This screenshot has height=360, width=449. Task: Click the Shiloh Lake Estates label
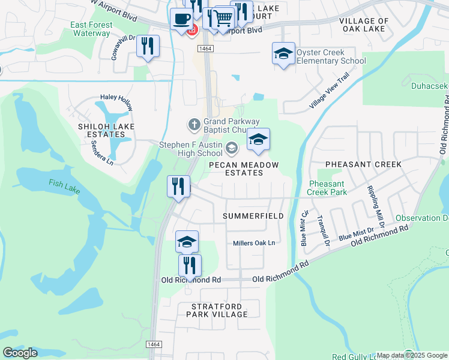pyautogui.click(x=106, y=131)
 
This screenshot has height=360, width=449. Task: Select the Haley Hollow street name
pyautogui.click(x=116, y=98)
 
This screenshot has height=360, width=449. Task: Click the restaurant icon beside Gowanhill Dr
pyautogui.click(x=148, y=46)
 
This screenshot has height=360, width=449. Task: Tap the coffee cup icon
pyautogui.click(x=181, y=19)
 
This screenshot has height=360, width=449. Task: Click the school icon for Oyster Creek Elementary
pyautogui.click(x=283, y=54)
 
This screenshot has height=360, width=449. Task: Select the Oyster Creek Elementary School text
pyautogui.click(x=331, y=56)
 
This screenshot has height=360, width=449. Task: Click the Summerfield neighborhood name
pyautogui.click(x=253, y=215)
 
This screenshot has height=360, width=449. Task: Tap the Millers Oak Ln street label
pyautogui.click(x=254, y=243)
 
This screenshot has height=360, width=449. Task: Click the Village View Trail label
pyautogui.click(x=329, y=91)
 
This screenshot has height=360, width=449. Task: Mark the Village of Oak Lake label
pyautogui.click(x=364, y=25)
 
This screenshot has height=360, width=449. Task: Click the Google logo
pyautogui.click(x=20, y=353)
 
